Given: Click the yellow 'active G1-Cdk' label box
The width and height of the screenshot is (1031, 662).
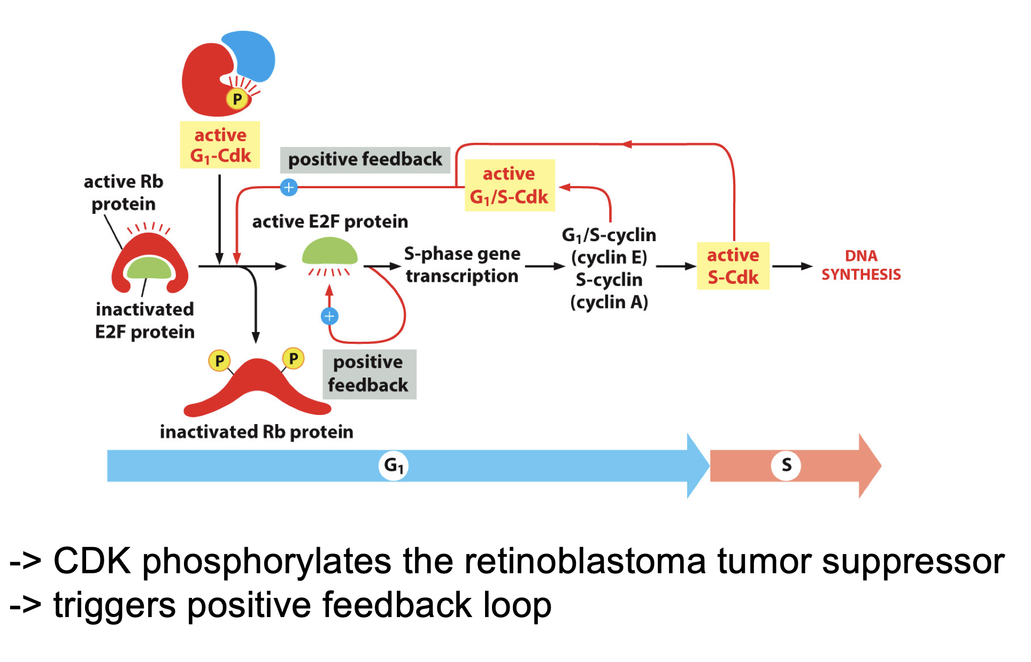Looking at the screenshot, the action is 220,145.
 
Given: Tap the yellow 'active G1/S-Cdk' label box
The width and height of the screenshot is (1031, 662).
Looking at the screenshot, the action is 510,186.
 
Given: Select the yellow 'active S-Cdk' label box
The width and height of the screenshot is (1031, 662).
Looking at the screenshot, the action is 733,266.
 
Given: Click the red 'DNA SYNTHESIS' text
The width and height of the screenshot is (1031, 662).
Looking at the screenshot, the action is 861,265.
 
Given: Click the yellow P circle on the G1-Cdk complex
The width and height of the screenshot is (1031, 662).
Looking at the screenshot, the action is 237,99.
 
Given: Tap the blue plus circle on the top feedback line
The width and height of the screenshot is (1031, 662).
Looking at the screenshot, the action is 289,187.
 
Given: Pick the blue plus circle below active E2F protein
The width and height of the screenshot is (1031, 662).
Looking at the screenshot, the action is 329,316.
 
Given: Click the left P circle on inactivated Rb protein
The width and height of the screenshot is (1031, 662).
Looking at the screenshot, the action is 219,361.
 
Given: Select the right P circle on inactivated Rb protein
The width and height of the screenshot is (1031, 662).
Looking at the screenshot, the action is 293,358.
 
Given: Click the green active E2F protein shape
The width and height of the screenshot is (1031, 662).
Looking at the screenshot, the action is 329,252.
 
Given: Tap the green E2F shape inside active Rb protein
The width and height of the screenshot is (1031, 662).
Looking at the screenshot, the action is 149,268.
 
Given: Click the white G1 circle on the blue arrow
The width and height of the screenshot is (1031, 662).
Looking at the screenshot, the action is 394,466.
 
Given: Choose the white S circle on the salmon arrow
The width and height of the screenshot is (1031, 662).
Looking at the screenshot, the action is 786,465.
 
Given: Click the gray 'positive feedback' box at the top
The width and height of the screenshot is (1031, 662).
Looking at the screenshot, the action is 365,159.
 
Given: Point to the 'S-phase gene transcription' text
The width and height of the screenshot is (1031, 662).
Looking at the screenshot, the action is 462,265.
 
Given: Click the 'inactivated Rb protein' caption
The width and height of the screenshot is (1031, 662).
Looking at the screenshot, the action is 257,432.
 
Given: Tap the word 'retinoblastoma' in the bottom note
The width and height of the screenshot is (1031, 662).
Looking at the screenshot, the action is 585,561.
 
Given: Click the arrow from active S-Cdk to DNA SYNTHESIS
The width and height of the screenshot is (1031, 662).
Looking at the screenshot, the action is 793,266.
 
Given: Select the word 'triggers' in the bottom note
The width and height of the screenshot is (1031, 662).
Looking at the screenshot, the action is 114,606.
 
